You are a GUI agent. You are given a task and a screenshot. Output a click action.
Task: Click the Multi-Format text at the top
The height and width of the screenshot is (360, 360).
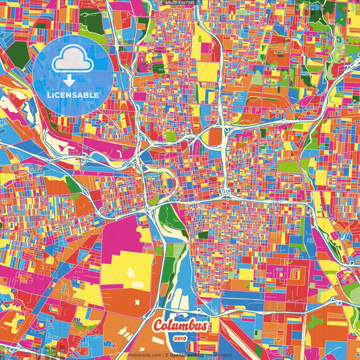[x=180, y=3]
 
